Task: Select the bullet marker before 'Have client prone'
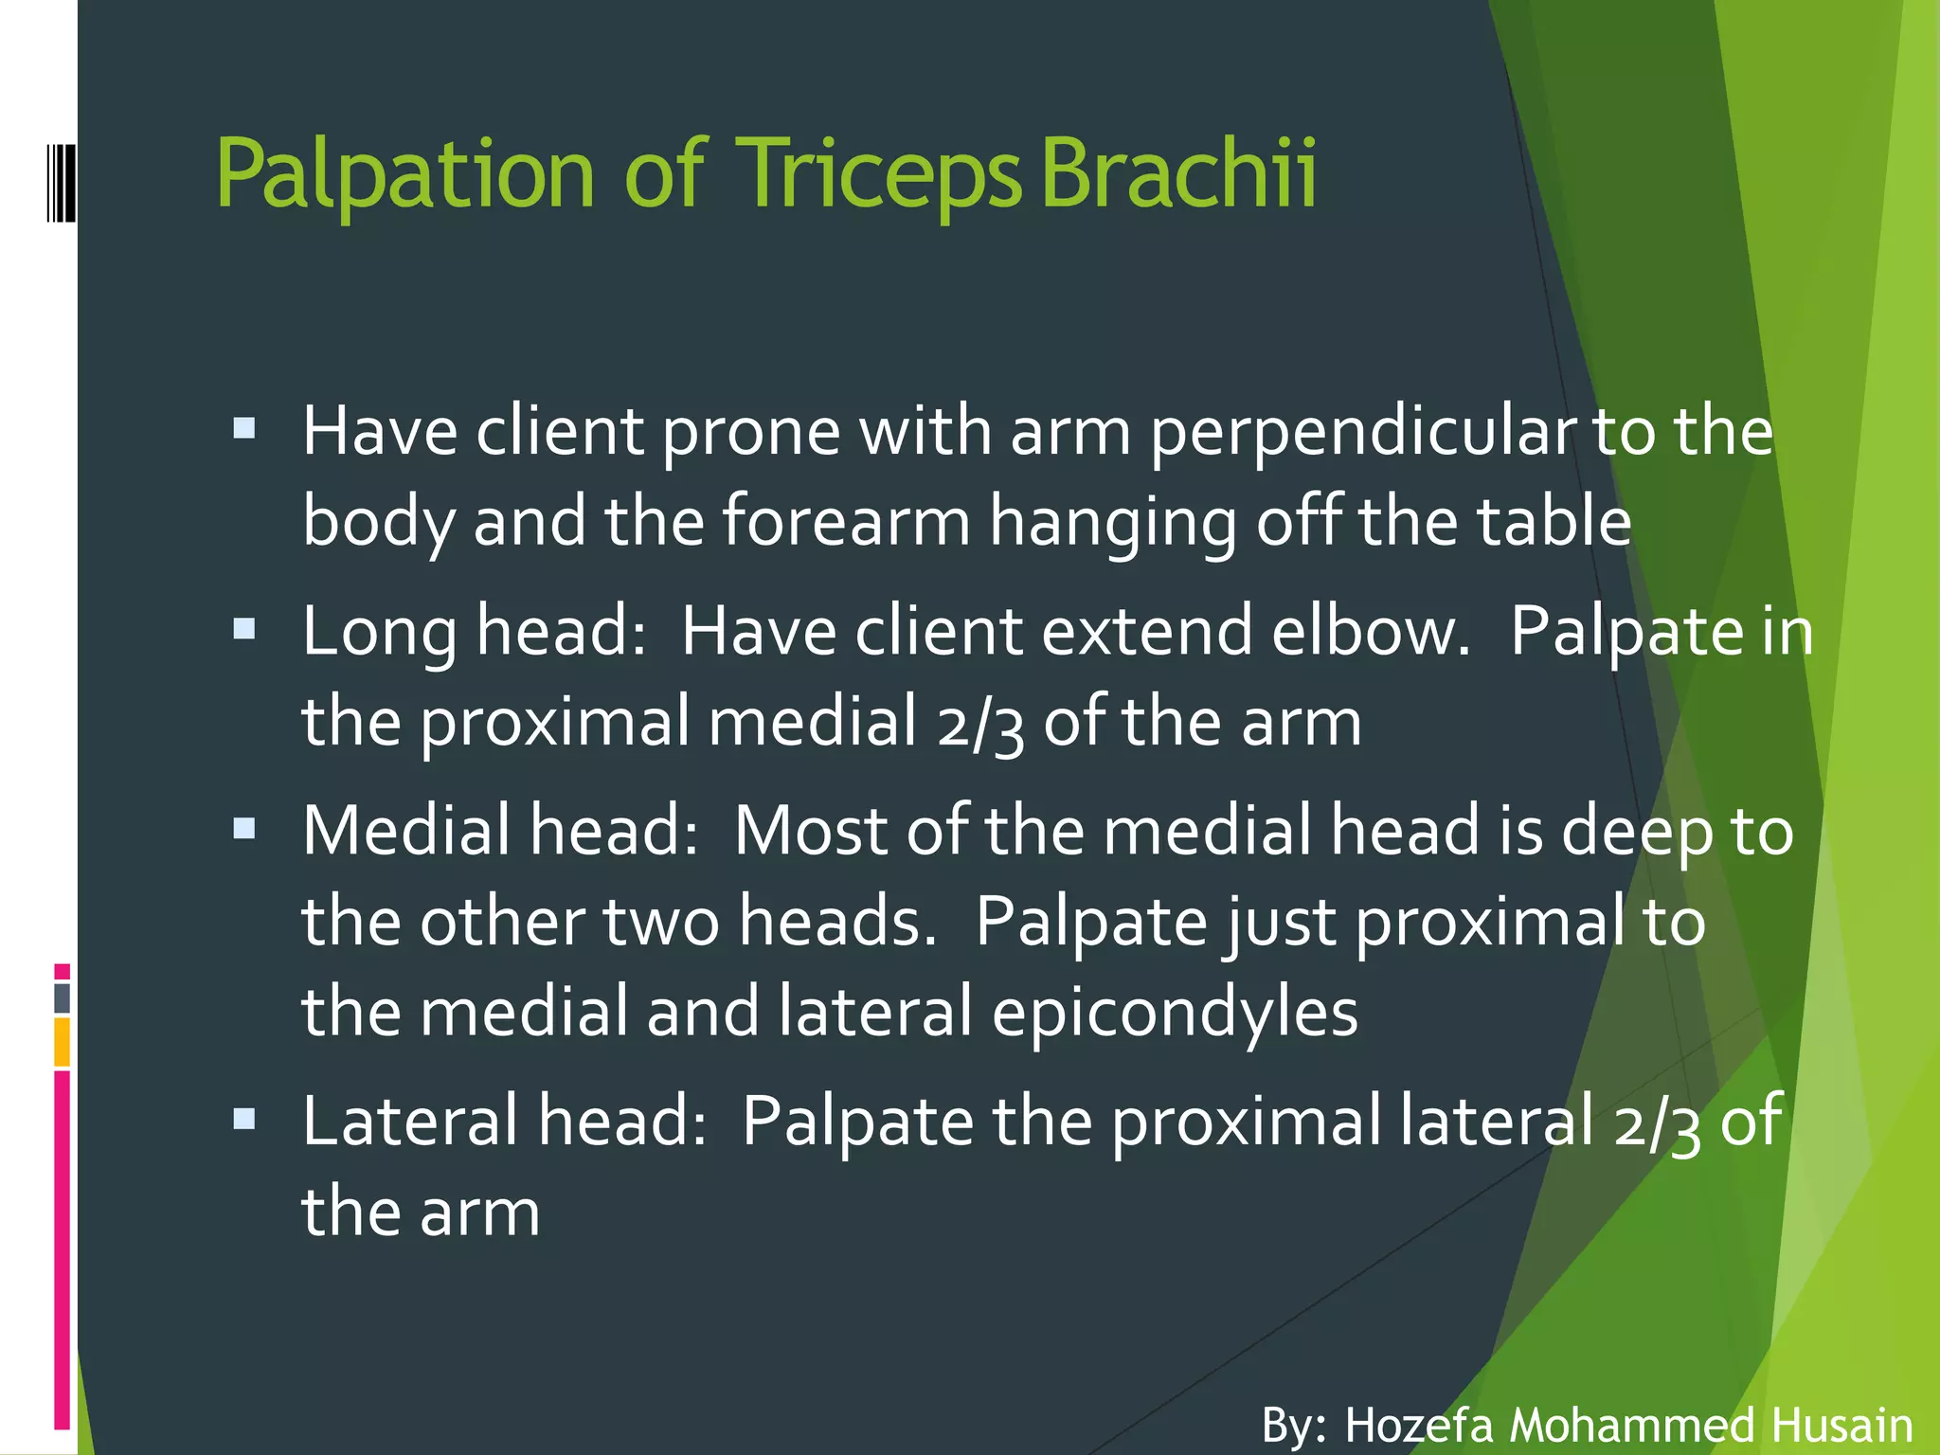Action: point(244,429)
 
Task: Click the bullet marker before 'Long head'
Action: point(244,629)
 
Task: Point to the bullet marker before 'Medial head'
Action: point(244,829)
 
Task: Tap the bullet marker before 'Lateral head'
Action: point(244,1120)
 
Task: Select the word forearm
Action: point(846,522)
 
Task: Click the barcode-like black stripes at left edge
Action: point(61,180)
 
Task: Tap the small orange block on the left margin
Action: point(62,1042)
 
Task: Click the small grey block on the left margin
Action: point(63,997)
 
